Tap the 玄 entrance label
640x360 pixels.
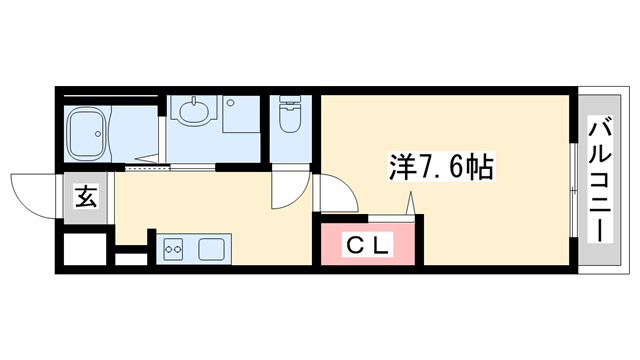pos(86,196)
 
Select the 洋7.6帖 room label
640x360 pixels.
pos(440,165)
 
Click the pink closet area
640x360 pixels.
pos(368,243)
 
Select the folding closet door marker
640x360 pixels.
pos(411,205)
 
